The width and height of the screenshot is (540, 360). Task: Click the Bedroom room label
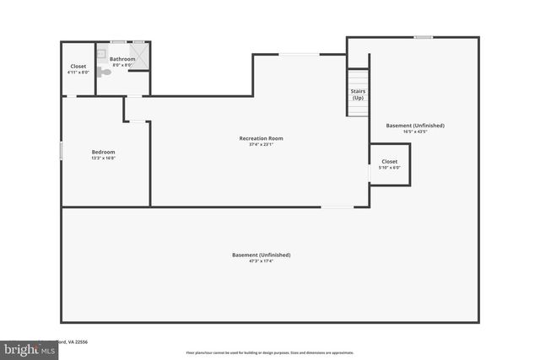pyautogui.click(x=103, y=152)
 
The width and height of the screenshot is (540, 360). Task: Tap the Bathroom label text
pyautogui.click(x=122, y=59)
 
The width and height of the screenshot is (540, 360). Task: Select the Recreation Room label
pyautogui.click(x=261, y=137)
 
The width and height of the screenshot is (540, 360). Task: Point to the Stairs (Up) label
pyautogui.click(x=358, y=95)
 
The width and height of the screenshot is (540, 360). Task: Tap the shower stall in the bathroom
pyautogui.click(x=139, y=57)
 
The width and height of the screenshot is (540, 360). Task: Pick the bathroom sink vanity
pyautogui.click(x=101, y=54)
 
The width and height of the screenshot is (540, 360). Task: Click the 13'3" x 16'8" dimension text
pyautogui.click(x=103, y=159)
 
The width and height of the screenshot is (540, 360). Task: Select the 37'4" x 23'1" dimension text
pyautogui.click(x=261, y=144)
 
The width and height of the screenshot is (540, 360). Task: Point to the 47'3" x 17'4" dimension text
pyautogui.click(x=261, y=261)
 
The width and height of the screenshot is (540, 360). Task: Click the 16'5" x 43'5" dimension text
pyautogui.click(x=414, y=132)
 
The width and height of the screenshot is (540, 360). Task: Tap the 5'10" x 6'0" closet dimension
pyautogui.click(x=389, y=167)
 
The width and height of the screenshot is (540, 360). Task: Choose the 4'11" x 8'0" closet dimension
pyautogui.click(x=78, y=73)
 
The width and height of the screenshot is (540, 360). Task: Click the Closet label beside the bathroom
pyautogui.click(x=78, y=66)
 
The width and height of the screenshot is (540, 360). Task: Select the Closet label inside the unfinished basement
pyautogui.click(x=389, y=160)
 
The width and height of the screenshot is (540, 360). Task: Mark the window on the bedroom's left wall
pyautogui.click(x=61, y=150)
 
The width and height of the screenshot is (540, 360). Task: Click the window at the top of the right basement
pyautogui.click(x=423, y=36)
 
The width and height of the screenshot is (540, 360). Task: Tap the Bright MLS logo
pyautogui.click(x=29, y=348)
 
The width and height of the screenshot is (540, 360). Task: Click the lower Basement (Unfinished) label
pyautogui.click(x=261, y=255)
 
